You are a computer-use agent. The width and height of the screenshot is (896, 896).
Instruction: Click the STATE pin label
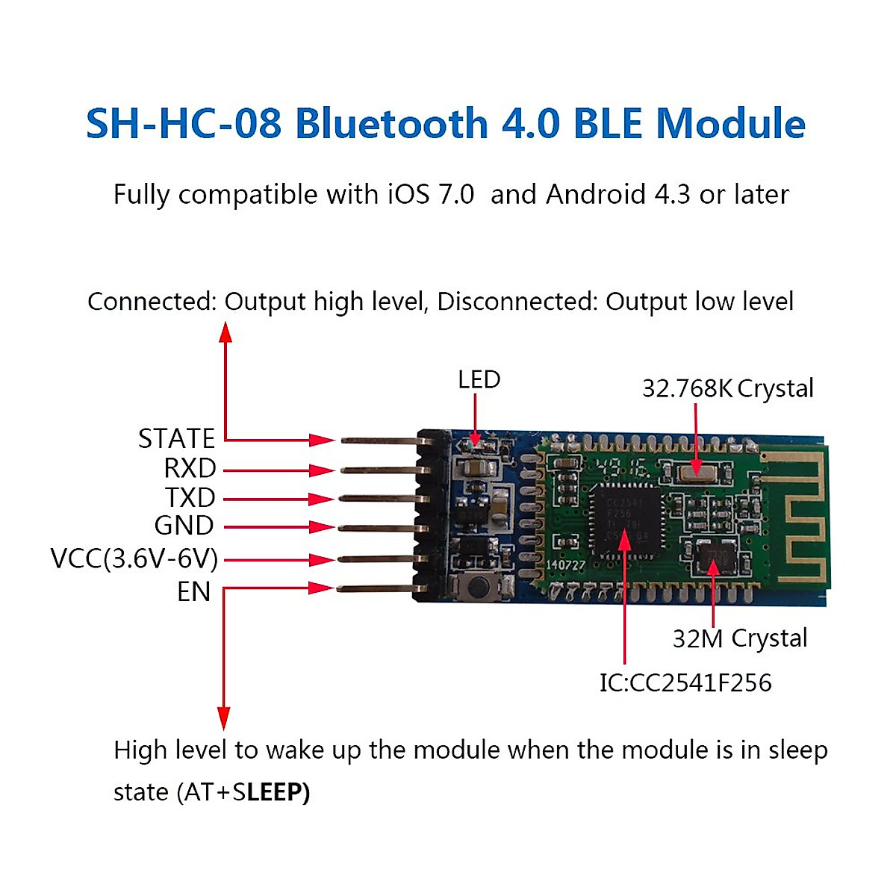coord(176,438)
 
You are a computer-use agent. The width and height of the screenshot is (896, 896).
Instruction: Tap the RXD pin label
coord(190,468)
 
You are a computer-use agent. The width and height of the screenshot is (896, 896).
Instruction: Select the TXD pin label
coord(190,497)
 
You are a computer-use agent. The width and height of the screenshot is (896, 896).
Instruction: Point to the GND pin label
coord(184,526)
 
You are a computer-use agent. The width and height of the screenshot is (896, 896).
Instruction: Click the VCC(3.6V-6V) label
coord(134,559)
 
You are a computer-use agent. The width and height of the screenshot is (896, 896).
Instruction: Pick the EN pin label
coord(193,591)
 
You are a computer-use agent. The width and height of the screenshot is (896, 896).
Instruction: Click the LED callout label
coord(479,379)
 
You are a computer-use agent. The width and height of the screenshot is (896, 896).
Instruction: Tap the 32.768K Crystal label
coord(727,388)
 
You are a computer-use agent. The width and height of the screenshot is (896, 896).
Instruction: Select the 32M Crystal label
coord(739,638)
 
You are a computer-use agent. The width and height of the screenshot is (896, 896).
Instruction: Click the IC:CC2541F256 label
coord(685,682)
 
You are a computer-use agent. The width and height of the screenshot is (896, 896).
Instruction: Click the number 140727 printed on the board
coord(566,565)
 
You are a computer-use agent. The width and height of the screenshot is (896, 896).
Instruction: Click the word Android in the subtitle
coord(595,194)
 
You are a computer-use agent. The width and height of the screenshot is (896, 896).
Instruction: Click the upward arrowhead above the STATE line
coord(225,332)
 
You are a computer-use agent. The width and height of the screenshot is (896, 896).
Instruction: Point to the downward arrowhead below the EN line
coord(223,718)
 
